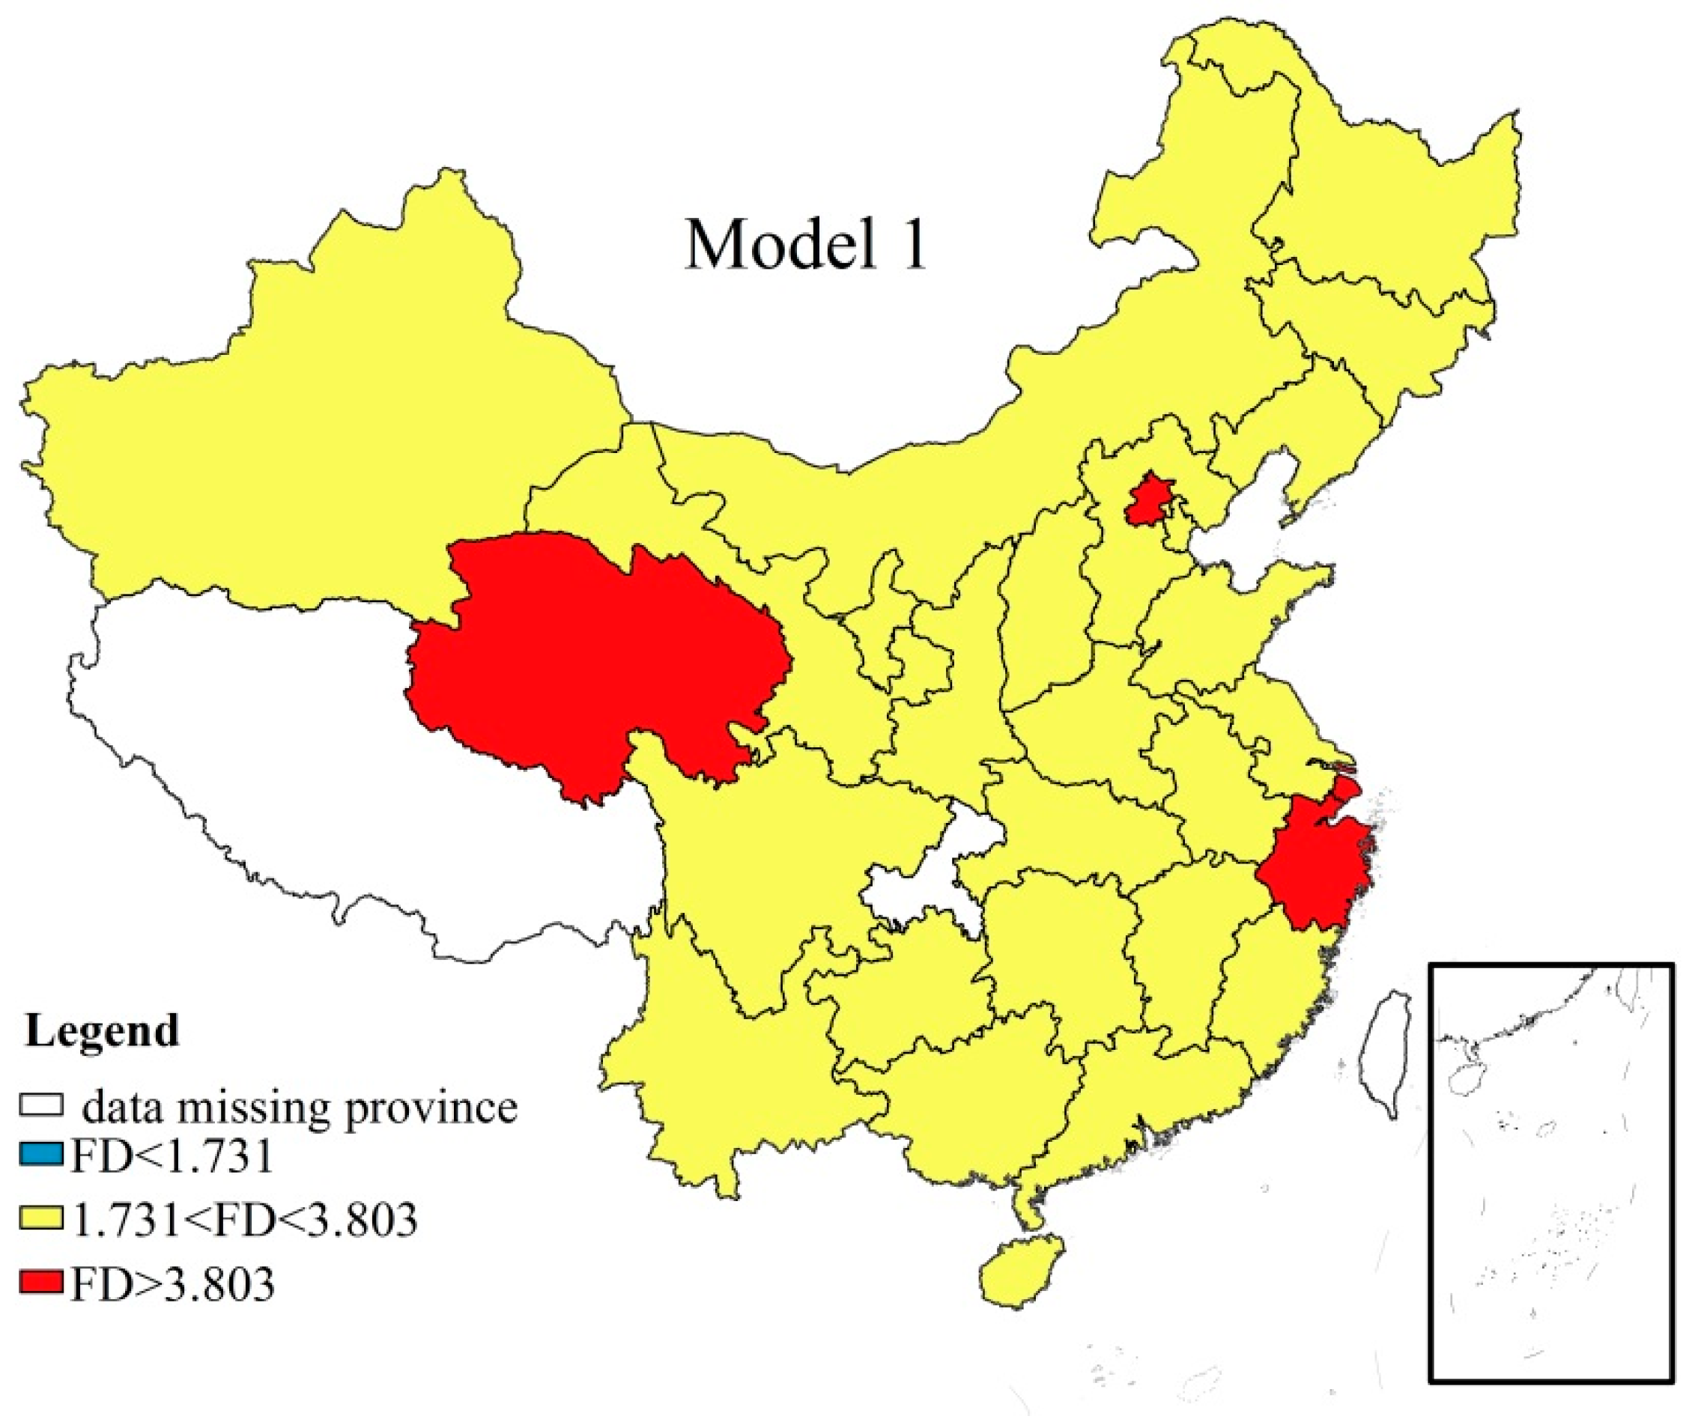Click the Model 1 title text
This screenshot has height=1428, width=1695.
click(805, 246)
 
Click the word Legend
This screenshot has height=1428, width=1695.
click(102, 1030)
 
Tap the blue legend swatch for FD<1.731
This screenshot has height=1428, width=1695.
click(41, 1154)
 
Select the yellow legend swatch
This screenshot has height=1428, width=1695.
click(41, 1218)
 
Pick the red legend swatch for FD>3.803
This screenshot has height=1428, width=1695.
click(41, 1283)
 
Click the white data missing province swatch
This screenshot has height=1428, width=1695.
click(41, 1105)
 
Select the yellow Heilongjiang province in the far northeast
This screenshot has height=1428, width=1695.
click(1377, 202)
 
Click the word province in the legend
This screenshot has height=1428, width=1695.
click(431, 1108)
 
